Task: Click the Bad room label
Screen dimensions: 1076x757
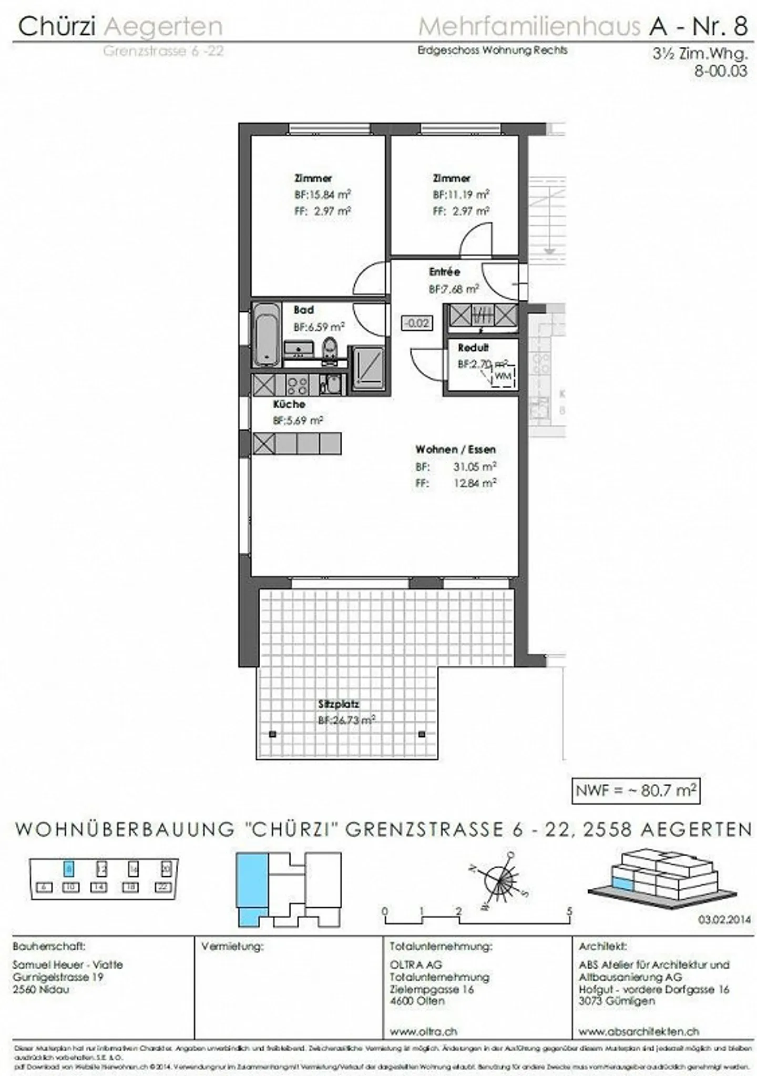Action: [303, 310]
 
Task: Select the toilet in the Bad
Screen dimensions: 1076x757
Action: [330, 350]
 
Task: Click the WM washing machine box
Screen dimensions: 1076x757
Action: [503, 376]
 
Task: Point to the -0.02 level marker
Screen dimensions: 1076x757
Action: [417, 322]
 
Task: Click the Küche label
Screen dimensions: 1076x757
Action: [289, 404]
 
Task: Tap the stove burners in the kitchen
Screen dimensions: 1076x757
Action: [298, 385]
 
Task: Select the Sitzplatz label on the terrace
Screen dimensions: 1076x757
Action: [338, 704]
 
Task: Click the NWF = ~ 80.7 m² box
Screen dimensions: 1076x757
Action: [636, 790]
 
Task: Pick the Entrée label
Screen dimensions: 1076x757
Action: [444, 272]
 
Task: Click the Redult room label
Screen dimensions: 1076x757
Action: [473, 348]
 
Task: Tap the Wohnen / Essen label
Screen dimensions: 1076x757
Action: [455, 450]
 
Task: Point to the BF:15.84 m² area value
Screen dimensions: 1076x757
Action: [322, 195]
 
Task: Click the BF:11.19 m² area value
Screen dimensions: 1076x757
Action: [461, 195]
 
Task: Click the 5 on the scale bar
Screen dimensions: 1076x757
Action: [569, 911]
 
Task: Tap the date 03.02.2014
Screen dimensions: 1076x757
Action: [724, 920]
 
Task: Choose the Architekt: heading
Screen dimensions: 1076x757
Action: [603, 947]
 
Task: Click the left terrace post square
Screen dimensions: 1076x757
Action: [272, 734]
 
